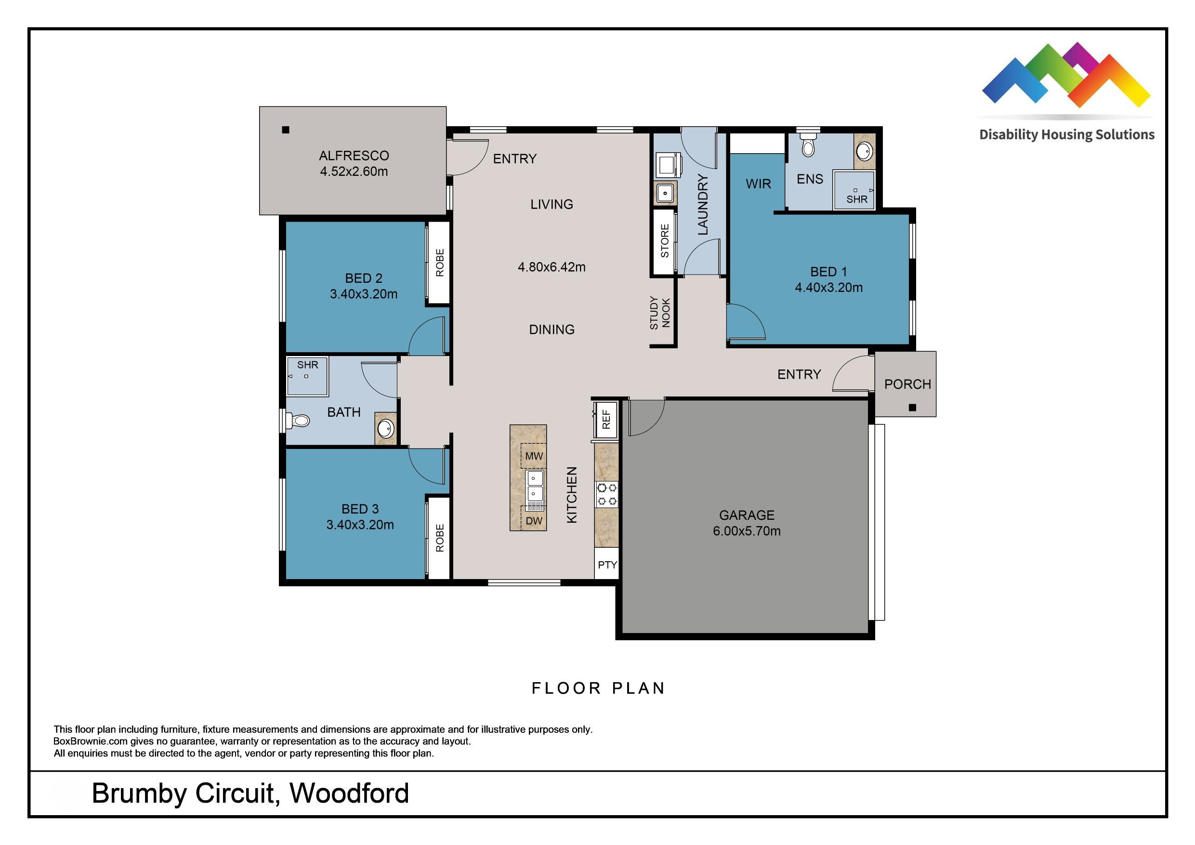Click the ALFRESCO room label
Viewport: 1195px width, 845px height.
click(354, 156)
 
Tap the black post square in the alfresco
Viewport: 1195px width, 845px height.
click(285, 130)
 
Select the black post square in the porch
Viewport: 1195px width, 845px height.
click(912, 408)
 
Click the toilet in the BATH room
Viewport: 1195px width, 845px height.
click(299, 420)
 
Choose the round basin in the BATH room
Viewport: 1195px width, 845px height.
click(386, 430)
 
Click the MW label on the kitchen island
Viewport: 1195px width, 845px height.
click(534, 456)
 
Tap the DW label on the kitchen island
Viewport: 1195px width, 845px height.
click(534, 521)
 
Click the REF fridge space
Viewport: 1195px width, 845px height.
click(606, 420)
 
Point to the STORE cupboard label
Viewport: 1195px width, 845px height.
click(665, 241)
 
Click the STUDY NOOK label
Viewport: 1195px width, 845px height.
click(660, 313)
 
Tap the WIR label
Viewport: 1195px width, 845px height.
click(758, 184)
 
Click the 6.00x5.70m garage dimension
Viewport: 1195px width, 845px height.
click(747, 531)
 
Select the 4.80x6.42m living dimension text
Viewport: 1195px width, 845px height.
click(551, 267)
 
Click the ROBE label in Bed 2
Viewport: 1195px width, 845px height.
click(440, 263)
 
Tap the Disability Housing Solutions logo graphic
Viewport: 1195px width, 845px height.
click(1065, 78)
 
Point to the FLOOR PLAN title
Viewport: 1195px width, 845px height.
click(598, 688)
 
